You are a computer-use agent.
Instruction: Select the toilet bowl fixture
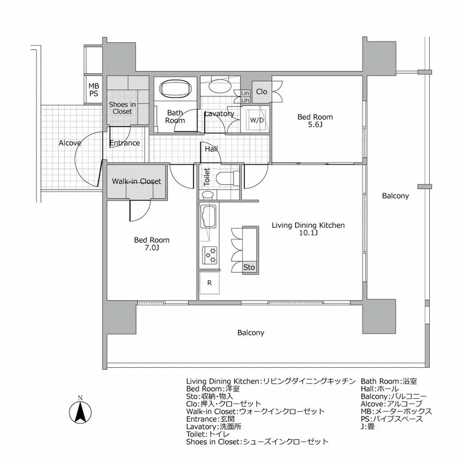(x=226, y=177)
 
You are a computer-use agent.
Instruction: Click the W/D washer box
(x=257, y=120)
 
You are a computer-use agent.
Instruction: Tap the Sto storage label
(x=249, y=268)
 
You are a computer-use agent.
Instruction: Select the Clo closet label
(x=261, y=92)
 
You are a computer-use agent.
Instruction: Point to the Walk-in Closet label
(x=136, y=181)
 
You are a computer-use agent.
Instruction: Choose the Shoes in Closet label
(x=122, y=108)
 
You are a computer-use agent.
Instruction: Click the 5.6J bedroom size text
(x=315, y=126)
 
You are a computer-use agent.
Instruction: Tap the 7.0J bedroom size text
(x=152, y=248)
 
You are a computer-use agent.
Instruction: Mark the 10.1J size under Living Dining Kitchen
(x=308, y=234)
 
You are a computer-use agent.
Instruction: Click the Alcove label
(x=69, y=143)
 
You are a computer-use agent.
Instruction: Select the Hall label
(x=211, y=149)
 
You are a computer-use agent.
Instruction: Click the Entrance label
(x=125, y=143)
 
